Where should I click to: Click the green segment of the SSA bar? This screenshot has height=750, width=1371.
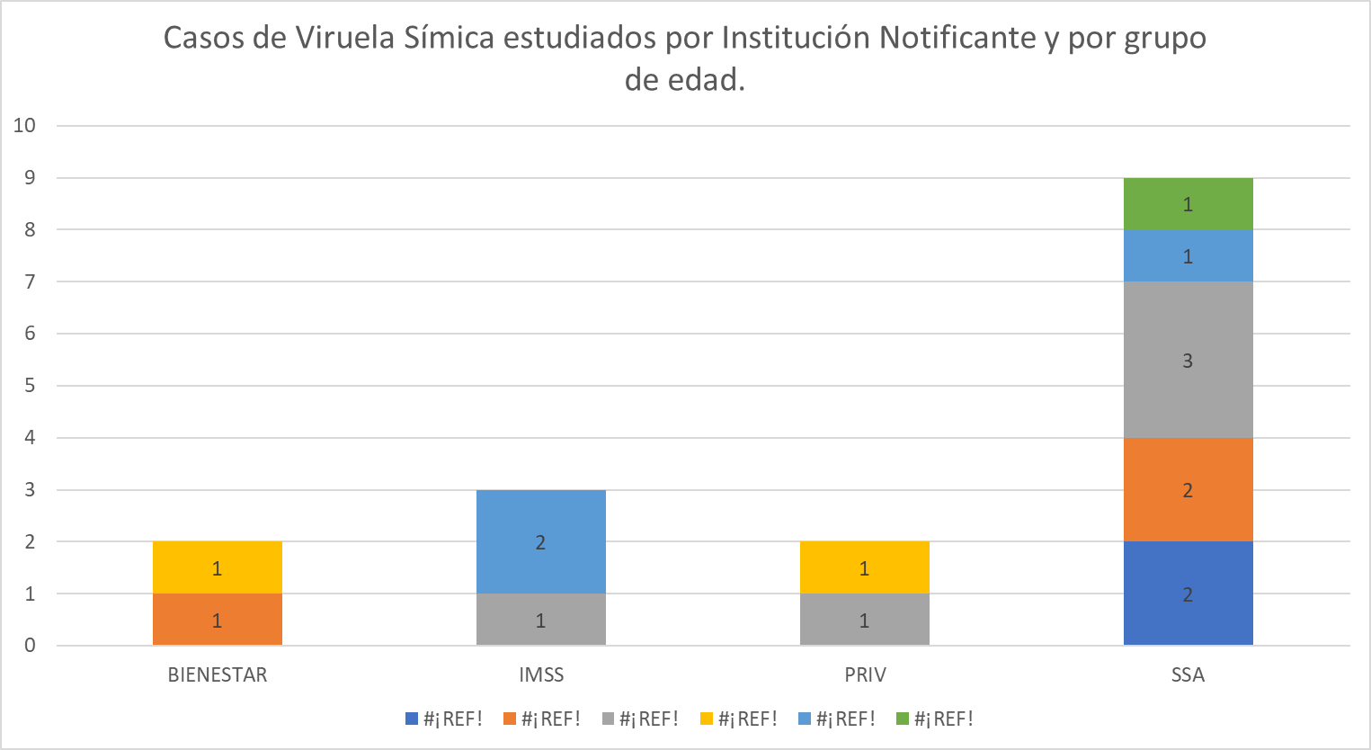(1188, 203)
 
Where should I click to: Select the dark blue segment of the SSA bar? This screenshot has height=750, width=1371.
(1188, 594)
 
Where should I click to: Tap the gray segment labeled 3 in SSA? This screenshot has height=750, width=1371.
(1188, 360)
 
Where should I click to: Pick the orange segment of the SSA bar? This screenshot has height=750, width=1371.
(1188, 490)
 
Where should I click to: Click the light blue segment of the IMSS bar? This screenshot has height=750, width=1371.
(540, 541)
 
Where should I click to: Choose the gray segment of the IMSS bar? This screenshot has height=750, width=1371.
(540, 620)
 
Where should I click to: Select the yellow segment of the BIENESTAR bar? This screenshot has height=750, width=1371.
(217, 567)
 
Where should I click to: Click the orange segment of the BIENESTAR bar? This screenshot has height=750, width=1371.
(217, 620)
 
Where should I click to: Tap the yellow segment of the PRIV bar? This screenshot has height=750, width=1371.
(864, 567)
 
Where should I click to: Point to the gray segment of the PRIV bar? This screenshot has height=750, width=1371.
(864, 620)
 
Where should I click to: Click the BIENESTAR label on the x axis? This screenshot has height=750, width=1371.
(218, 675)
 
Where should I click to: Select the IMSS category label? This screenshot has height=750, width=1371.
(541, 675)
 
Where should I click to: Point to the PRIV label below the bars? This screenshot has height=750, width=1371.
(865, 675)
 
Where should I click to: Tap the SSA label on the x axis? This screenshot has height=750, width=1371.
(1188, 675)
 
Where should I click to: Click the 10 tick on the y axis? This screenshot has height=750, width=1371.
(24, 125)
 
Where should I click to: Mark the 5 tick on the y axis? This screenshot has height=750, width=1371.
(30, 386)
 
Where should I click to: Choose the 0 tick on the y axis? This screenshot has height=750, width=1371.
(30, 646)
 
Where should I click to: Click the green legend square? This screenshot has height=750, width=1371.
(903, 719)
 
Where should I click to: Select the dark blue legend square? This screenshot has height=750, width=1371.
(412, 719)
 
